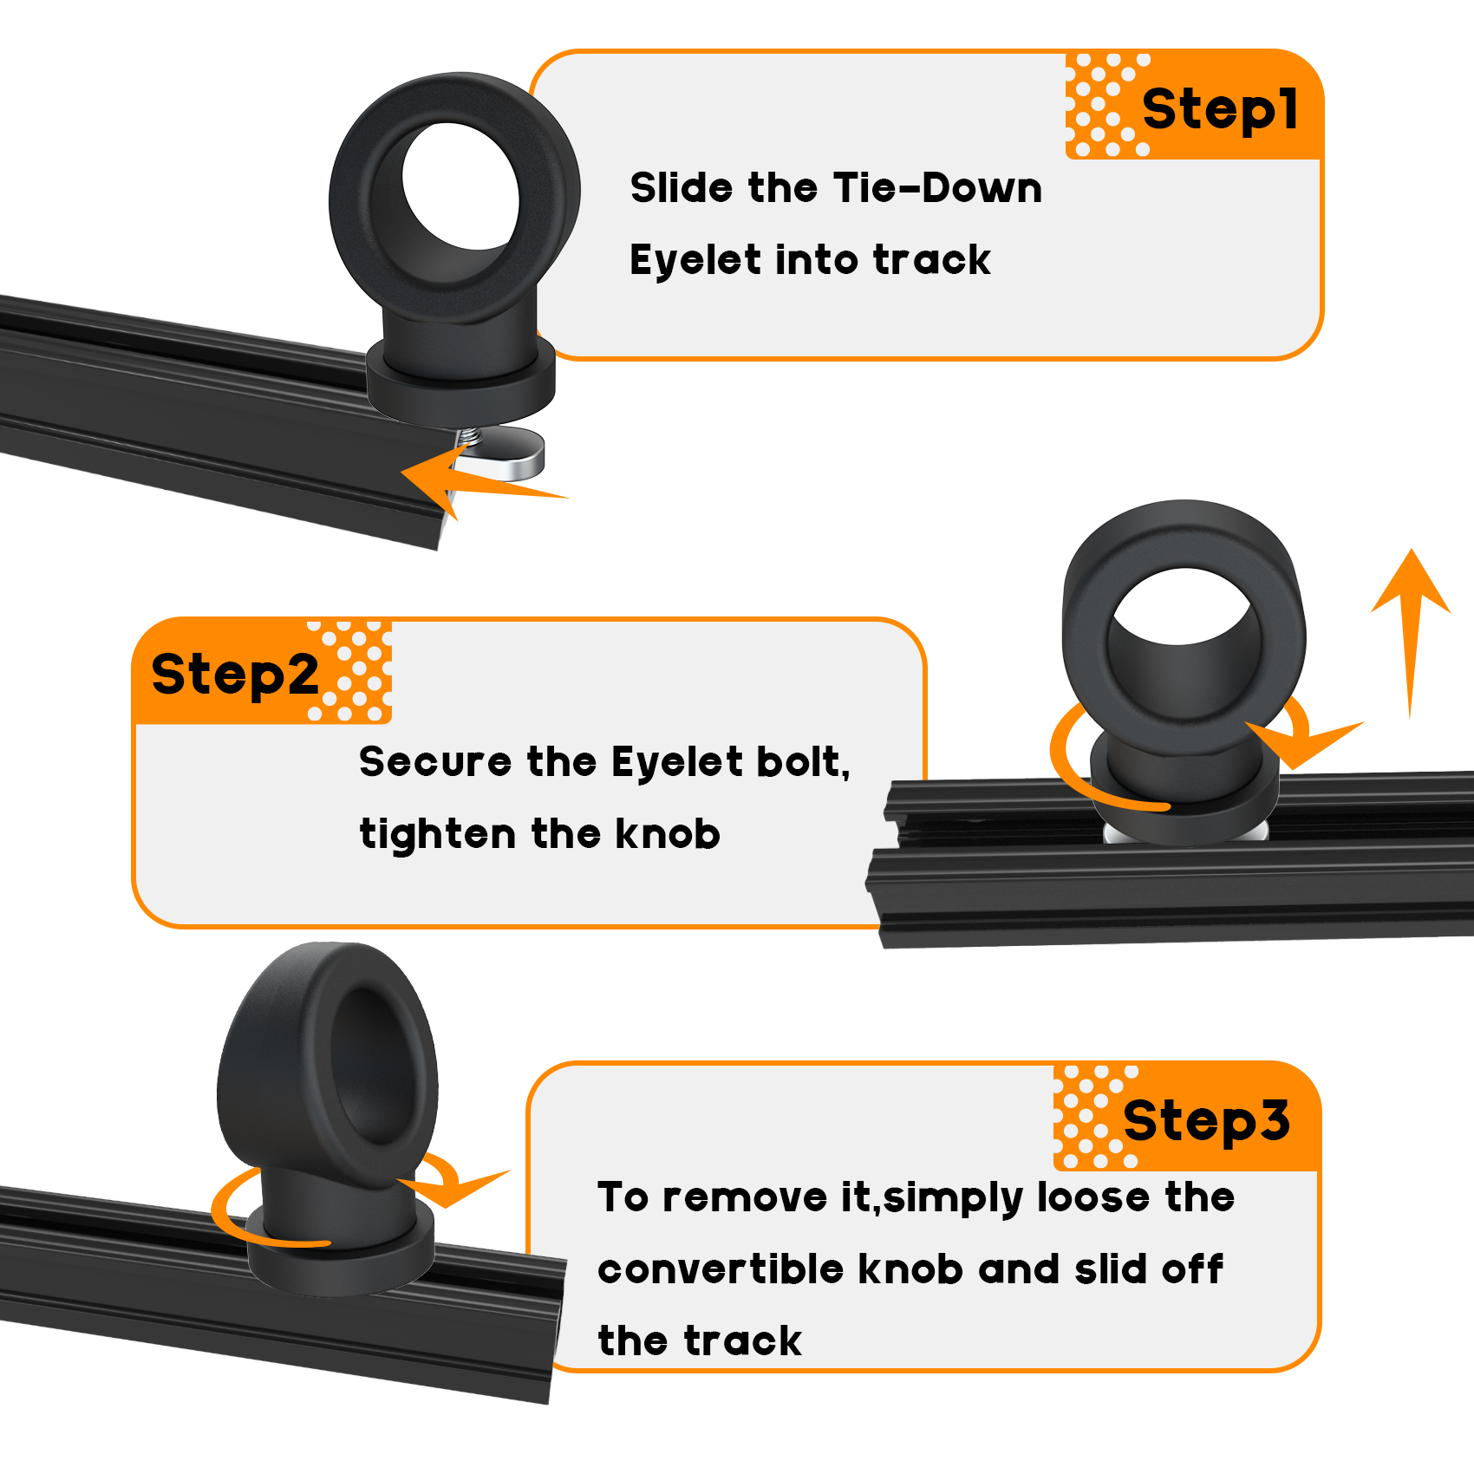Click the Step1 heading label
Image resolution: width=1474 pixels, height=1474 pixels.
tap(1220, 109)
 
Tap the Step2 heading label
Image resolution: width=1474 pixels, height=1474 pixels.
tap(236, 675)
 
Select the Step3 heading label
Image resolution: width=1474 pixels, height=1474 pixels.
tap(1207, 1120)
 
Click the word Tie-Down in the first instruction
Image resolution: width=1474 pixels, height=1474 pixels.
tap(938, 187)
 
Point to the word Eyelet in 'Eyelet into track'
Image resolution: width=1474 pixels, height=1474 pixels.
tap(695, 259)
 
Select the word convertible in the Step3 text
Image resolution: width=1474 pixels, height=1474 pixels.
tap(721, 1269)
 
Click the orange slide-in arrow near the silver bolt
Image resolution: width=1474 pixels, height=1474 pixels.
tap(481, 482)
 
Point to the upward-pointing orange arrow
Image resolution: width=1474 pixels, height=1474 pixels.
tap(1411, 633)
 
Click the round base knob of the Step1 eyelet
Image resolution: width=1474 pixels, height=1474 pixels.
tap(460, 380)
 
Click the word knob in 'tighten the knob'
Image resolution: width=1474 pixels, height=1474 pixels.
tap(668, 833)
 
